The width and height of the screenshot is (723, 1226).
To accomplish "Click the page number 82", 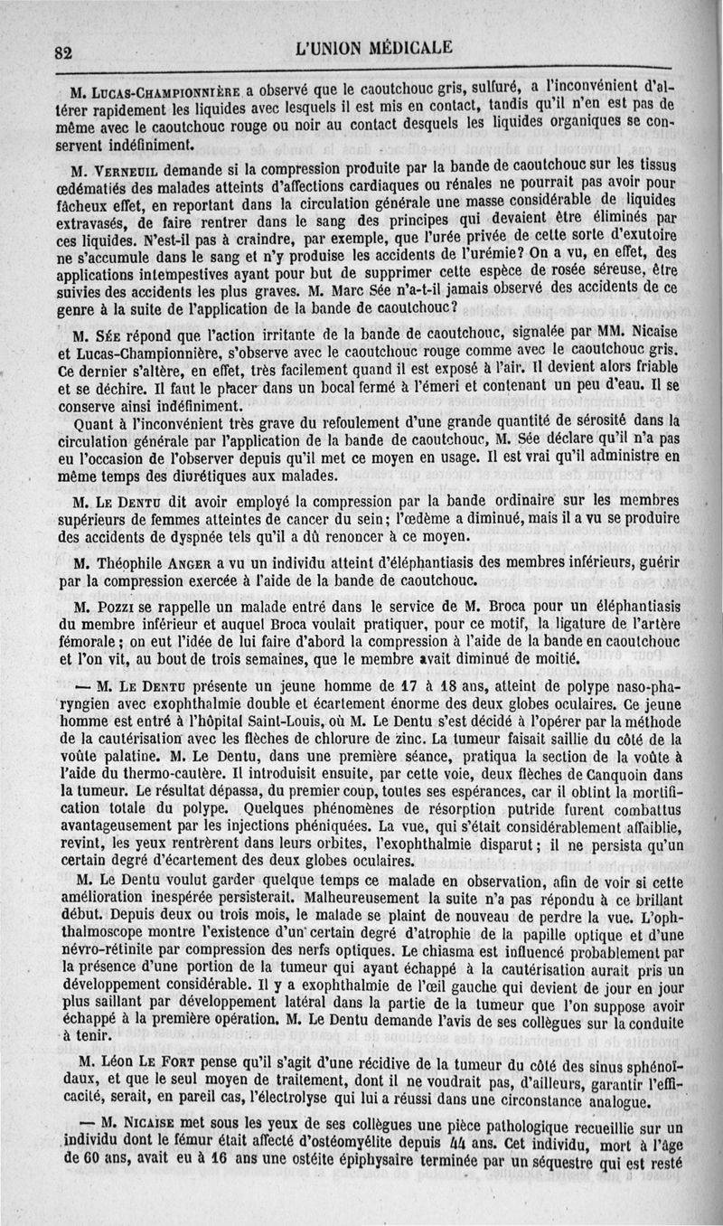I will tap(63, 52).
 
